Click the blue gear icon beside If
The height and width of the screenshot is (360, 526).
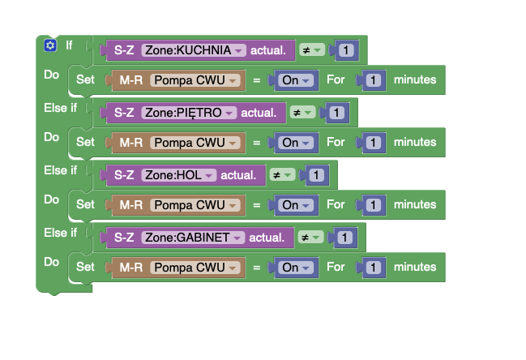[50, 45]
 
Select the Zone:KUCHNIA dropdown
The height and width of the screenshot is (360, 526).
[194, 50]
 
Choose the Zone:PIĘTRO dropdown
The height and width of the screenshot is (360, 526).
[189, 113]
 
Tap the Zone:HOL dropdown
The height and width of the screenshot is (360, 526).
[179, 175]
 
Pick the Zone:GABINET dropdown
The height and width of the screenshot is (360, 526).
[193, 238]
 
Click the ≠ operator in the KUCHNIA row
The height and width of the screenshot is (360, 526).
[312, 50]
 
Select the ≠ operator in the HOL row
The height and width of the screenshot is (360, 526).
[283, 175]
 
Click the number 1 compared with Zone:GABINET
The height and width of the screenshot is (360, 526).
[344, 238]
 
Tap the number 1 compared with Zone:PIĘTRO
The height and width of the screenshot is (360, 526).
[337, 113]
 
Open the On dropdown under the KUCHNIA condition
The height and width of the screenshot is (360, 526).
[296, 80]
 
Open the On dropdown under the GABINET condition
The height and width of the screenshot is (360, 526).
[296, 268]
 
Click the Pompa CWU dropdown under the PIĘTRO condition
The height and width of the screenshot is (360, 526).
[195, 143]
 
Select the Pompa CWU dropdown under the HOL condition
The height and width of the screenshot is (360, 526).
[195, 205]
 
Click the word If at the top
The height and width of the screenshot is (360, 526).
[69, 45]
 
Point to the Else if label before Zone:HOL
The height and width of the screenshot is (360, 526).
[61, 170]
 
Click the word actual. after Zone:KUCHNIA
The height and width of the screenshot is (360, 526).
[268, 50]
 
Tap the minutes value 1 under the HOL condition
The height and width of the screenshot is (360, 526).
[374, 205]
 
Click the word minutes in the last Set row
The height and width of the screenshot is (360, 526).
[415, 267]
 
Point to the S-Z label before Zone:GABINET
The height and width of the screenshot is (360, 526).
[124, 238]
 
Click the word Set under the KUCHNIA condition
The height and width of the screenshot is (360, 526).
[85, 79]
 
